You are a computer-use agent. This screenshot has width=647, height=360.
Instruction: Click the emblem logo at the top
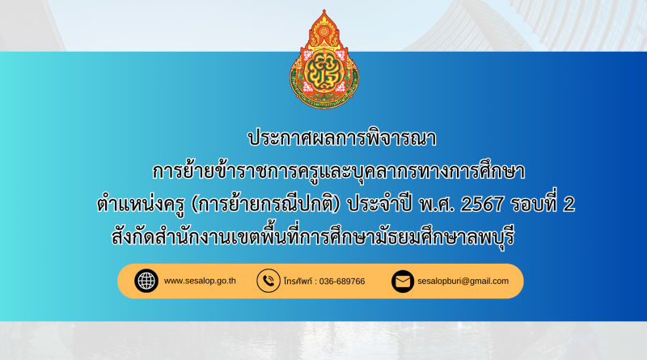pos(324,59)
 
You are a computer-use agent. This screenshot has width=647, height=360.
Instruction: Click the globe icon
pos(146,282)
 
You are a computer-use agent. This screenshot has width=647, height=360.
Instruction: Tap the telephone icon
pos(269,282)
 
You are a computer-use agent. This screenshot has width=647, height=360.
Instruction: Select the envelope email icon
pos(403,282)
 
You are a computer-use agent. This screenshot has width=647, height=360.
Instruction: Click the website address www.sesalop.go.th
pos(200,281)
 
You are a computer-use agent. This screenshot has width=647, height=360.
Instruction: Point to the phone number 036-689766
pos(342,282)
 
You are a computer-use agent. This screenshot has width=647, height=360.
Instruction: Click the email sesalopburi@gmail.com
pos(463,282)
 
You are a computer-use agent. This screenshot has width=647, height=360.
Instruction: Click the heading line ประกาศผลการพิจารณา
pos(341,138)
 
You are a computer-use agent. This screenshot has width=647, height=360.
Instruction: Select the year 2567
pos(481,205)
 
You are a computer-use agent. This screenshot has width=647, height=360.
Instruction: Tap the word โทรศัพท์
pos(298,282)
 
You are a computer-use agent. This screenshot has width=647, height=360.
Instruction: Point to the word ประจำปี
pos(379,205)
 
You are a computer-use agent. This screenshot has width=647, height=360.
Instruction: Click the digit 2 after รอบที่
pos(569,205)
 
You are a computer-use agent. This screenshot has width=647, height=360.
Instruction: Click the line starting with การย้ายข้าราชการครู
pos(338,172)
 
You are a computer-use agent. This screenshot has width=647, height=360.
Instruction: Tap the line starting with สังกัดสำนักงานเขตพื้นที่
pos(313,236)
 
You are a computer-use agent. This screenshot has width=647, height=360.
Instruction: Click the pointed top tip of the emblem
pos(324,10)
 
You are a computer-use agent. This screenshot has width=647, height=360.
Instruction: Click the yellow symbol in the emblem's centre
pos(324,70)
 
